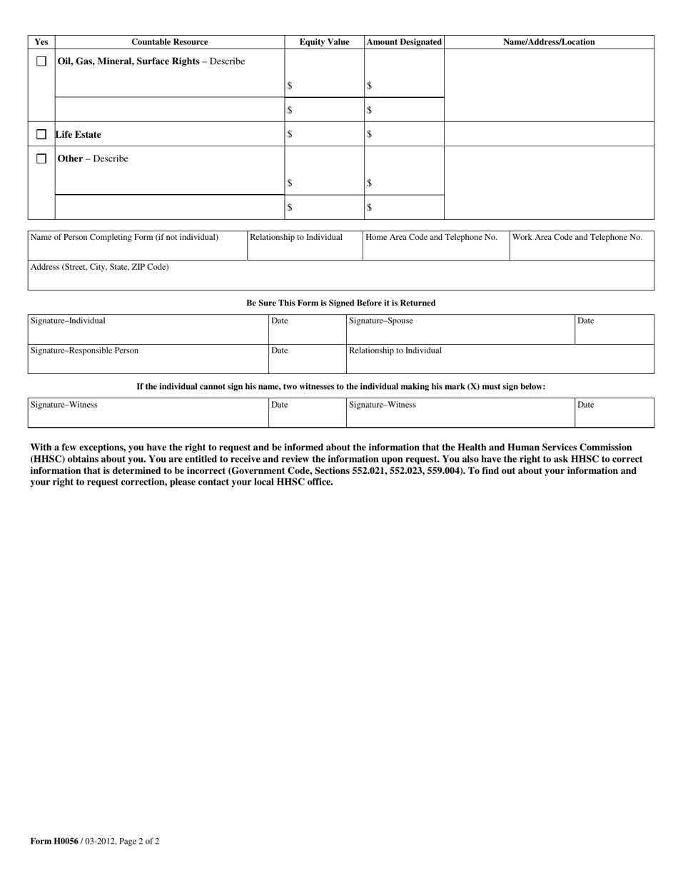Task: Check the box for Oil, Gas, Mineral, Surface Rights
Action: coord(41,61)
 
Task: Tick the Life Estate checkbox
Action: coord(41,134)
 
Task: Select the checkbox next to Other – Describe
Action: coord(41,158)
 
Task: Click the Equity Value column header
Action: coord(324,42)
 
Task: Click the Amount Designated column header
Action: coord(404,42)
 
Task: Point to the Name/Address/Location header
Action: coord(549,42)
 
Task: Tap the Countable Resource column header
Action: coord(170,42)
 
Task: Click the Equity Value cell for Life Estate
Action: coord(324,134)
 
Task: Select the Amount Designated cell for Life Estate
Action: coord(404,134)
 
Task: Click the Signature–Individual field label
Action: coord(68,321)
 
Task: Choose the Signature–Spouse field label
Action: coord(381,321)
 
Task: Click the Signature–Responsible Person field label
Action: coord(84,350)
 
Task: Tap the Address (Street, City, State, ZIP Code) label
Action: coord(99,267)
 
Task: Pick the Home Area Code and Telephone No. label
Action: coord(431,237)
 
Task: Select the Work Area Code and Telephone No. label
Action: coord(577,237)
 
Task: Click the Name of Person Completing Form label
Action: coord(124,237)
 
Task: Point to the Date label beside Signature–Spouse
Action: coord(585,321)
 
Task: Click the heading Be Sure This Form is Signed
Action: coord(340,303)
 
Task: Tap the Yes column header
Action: coord(41,42)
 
